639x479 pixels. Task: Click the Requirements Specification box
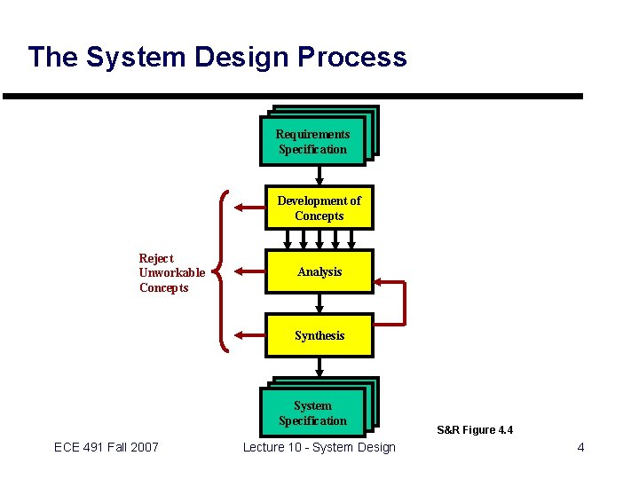coord(313,141)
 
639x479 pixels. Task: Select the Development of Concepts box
coord(319,208)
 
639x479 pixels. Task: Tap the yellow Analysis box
coord(319,271)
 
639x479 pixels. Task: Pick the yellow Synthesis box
coord(319,335)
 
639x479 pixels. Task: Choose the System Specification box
coord(313,412)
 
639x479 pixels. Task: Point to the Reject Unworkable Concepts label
coord(171,273)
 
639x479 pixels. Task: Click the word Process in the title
coord(352,58)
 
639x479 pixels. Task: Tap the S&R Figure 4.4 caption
coord(475,430)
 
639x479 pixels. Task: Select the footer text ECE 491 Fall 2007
coord(106,447)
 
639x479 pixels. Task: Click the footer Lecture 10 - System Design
coord(319,447)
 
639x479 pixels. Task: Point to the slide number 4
coord(580,447)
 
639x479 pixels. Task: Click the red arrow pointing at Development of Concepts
coord(248,208)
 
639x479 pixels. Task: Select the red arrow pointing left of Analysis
coord(248,271)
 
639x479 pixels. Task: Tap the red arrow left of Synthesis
coord(248,335)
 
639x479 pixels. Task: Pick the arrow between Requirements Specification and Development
coord(319,177)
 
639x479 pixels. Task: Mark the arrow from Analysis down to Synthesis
coord(319,302)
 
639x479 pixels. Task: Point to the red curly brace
coord(224,271)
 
